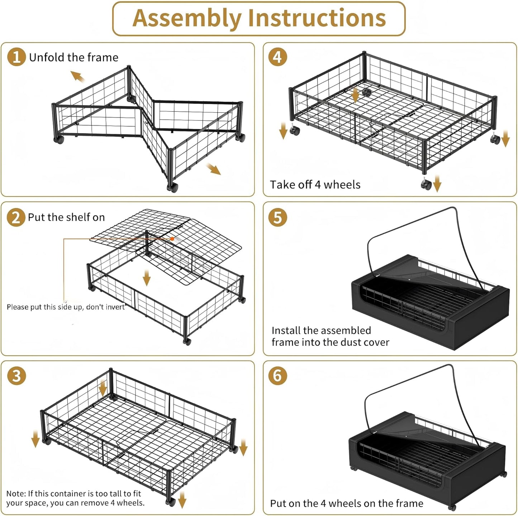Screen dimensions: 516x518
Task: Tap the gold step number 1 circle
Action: [16, 57]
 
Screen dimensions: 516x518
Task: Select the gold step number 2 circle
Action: [16, 217]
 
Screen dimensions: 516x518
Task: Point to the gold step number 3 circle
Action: [16, 376]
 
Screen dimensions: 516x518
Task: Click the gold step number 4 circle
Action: [278, 57]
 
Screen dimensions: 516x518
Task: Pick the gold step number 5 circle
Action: [278, 217]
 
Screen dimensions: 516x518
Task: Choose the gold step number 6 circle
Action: [278, 376]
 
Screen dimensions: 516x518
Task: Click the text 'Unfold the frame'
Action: [73, 57]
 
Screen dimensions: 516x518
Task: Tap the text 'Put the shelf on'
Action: [66, 217]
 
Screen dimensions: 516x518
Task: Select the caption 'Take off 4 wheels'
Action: [315, 185]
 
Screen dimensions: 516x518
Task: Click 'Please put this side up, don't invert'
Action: [66, 307]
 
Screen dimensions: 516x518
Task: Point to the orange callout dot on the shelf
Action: [172, 238]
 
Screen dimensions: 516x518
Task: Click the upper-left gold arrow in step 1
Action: [77, 76]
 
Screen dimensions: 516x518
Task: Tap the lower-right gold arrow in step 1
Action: [214, 169]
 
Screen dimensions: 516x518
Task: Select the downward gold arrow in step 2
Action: [146, 278]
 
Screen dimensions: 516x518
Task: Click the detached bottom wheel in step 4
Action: [426, 184]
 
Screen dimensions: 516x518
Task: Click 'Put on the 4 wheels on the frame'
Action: [347, 503]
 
